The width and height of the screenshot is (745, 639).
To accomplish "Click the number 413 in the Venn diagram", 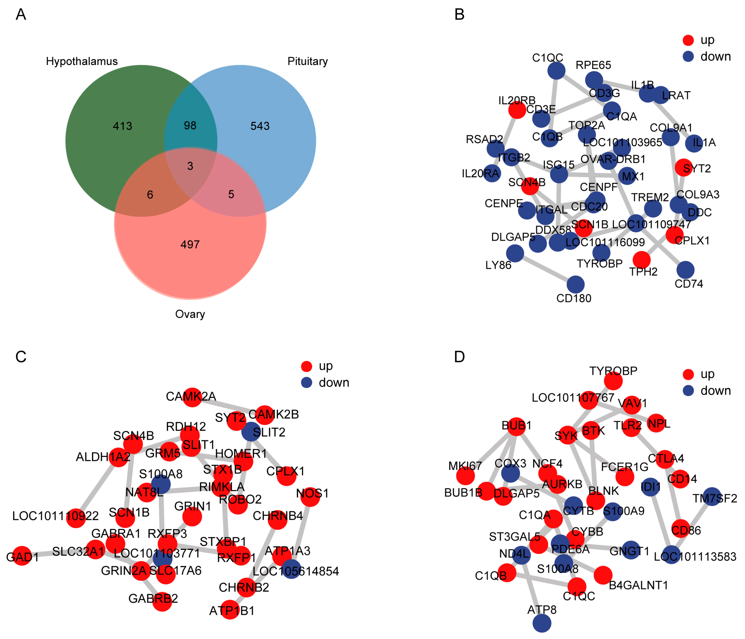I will tap(122, 126).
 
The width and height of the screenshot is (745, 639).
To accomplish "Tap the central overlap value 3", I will tap(190, 166).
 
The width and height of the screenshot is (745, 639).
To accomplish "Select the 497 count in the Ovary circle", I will tap(190, 244).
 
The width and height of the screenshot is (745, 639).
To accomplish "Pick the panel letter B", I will tap(459, 14).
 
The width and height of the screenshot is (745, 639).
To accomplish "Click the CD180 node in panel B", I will tap(575, 284).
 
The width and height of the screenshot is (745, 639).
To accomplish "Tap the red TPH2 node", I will tap(641, 260).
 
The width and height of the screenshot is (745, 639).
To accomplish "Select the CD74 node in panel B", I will tap(685, 270).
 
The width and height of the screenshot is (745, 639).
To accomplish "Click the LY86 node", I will tap(515, 253).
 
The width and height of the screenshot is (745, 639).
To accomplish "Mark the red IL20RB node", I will tap(517, 109).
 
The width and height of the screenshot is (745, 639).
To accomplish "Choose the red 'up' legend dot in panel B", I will tap(688, 40).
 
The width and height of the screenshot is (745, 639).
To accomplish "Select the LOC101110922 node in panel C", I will tap(76, 518).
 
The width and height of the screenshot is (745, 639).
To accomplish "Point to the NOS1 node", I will tap(310, 497).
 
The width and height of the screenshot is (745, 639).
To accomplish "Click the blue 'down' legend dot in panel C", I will tap(306, 382).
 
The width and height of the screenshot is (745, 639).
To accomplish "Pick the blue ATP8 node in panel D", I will tap(542, 623).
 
